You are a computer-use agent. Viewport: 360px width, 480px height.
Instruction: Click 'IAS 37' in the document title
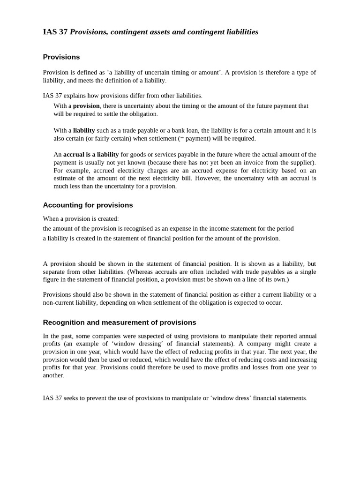pyautogui.click(x=55, y=32)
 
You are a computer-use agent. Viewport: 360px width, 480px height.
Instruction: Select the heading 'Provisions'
pyautogui.click(x=61, y=57)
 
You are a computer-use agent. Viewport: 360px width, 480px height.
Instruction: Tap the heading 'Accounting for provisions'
pyautogui.click(x=88, y=205)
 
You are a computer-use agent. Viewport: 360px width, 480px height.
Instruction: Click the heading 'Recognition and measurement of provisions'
pyautogui.click(x=119, y=322)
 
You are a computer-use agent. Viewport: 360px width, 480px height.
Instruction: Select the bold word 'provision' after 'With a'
pyautogui.click(x=86, y=106)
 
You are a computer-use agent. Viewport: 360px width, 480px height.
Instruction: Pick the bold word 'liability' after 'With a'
pyautogui.click(x=84, y=130)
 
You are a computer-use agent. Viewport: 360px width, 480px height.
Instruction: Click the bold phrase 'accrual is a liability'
pyautogui.click(x=91, y=154)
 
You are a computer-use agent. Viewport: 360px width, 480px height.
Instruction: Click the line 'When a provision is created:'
pyautogui.click(x=81, y=219)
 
